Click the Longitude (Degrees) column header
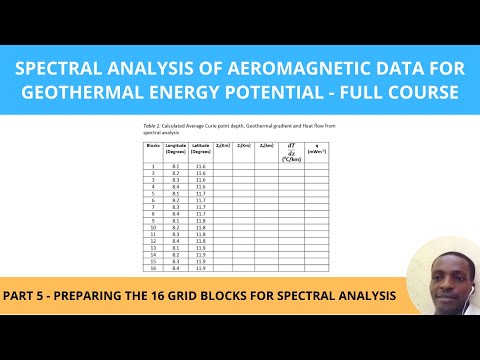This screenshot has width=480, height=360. [177, 149]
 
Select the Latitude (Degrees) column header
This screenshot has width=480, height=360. [201, 149]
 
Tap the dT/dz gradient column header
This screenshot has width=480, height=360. [292, 149]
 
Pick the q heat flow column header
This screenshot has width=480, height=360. [318, 149]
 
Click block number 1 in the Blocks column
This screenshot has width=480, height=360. [154, 165]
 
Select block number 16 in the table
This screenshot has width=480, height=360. [154, 268]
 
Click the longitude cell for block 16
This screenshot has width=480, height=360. [177, 268]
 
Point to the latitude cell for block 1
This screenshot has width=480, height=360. [201, 165]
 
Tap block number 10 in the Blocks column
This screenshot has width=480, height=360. [154, 227]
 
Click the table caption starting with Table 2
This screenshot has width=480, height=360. [231, 128]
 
